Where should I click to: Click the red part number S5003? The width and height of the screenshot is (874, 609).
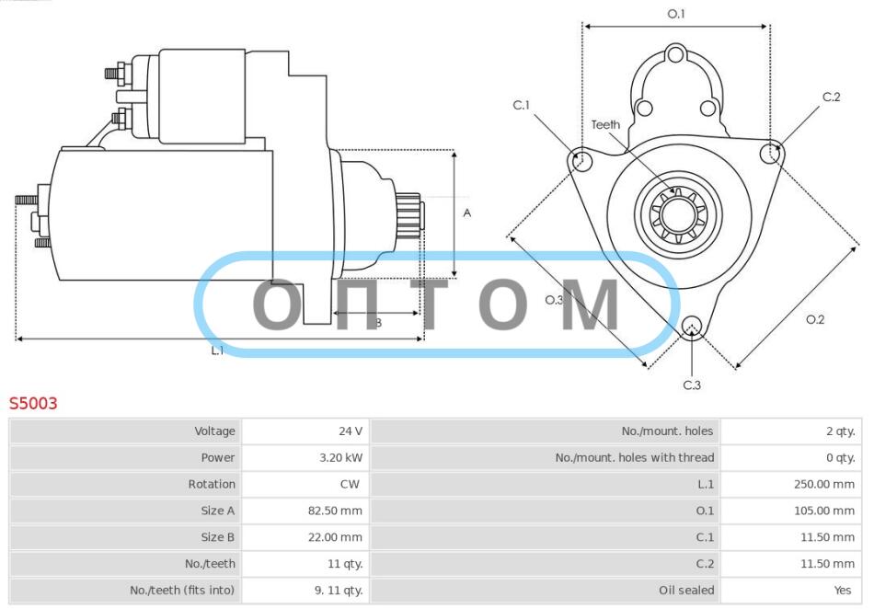[x=33, y=403]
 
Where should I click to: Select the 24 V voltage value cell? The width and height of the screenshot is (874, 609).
[x=350, y=431]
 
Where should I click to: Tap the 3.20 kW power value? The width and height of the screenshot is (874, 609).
[x=340, y=457]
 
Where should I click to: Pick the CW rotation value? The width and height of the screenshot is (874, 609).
[x=350, y=484]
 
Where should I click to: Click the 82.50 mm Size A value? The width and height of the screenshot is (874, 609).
[x=335, y=511]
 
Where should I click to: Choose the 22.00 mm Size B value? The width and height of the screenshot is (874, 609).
[x=335, y=537]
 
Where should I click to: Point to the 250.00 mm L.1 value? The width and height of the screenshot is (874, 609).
[x=823, y=484]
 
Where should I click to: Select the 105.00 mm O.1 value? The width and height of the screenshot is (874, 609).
[x=823, y=511]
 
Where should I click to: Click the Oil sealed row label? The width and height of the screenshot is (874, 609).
[x=686, y=590]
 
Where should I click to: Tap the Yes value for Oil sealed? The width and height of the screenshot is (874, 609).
[x=843, y=590]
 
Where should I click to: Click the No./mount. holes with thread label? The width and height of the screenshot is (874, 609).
[x=634, y=457]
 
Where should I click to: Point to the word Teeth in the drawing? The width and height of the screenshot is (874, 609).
[x=605, y=125]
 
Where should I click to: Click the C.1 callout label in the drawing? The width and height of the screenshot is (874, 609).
[x=521, y=105]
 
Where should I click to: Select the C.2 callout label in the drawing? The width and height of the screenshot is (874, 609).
[x=831, y=97]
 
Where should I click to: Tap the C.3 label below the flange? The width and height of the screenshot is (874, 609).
[x=692, y=385]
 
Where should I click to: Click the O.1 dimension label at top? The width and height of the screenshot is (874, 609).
[x=676, y=14]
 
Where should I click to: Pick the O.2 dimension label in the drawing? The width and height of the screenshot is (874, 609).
[x=815, y=319]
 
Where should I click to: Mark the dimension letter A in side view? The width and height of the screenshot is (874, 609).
[x=467, y=213]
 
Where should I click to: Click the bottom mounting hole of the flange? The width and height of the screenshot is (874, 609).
[x=692, y=327]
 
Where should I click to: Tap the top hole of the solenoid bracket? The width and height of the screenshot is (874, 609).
[x=675, y=55]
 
